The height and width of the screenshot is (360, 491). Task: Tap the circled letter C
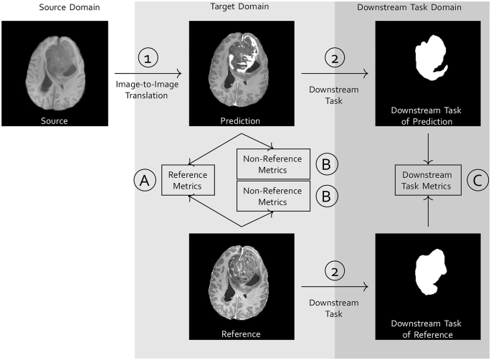click(x=476, y=180)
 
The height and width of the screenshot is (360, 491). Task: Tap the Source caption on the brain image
click(x=54, y=120)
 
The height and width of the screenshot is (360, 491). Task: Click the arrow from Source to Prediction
click(x=144, y=73)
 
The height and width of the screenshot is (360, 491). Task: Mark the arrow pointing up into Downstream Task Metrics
click(x=427, y=212)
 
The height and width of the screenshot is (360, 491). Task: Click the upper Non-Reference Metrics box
click(x=272, y=164)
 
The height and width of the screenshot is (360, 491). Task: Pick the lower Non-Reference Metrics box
click(x=272, y=196)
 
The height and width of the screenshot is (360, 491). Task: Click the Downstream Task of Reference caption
click(x=427, y=329)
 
